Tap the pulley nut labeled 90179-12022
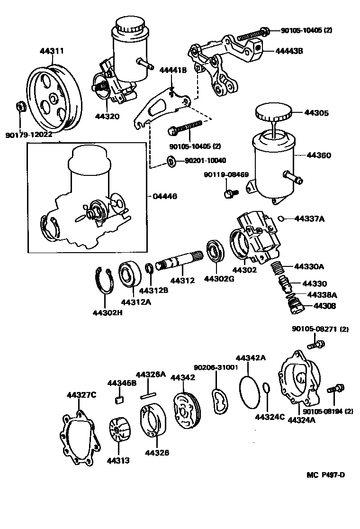pos(20,106)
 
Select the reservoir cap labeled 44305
pos(272,114)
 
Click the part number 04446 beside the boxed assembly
pos(164,196)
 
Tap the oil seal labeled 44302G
pos(216,252)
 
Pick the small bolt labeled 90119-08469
pos(230,193)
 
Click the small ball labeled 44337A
pos(280,219)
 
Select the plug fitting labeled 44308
pos(295,305)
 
